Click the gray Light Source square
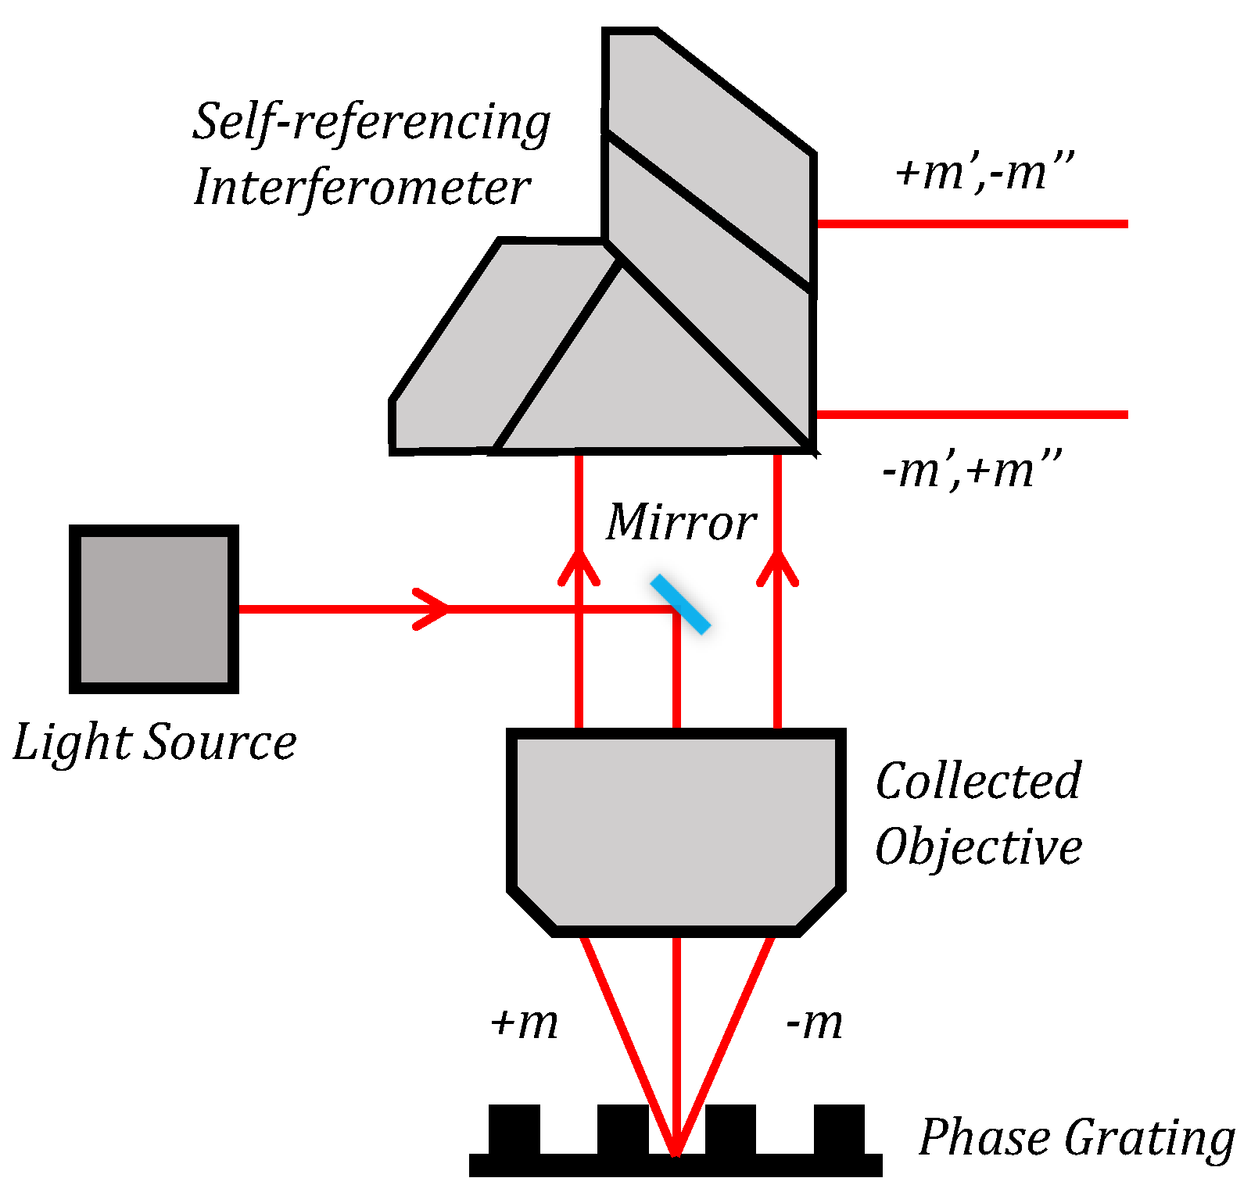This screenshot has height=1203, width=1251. coord(154,609)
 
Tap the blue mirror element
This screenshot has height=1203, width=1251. coord(680,604)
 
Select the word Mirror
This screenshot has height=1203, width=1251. coord(681,522)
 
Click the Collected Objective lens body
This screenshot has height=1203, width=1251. coord(676,829)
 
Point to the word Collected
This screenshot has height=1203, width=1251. coord(978,781)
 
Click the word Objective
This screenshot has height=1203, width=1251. coord(978,847)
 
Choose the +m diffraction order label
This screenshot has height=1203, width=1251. coord(525,1022)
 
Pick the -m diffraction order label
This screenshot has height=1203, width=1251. coord(814,1022)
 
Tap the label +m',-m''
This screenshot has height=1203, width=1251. coord(984,173)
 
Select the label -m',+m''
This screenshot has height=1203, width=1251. coord(971,471)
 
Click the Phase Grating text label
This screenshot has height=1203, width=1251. coord(1076,1138)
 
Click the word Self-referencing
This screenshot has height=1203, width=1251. coord(371,124)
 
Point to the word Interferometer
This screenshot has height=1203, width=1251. coord(361,188)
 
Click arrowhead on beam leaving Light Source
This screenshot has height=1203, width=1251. coord(434,609)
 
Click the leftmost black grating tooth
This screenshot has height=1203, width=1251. coord(514,1128)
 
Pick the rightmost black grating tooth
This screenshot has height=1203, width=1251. coord(839,1128)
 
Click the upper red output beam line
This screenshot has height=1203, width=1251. coord(970,224)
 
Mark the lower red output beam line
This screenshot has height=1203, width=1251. coord(970,414)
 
